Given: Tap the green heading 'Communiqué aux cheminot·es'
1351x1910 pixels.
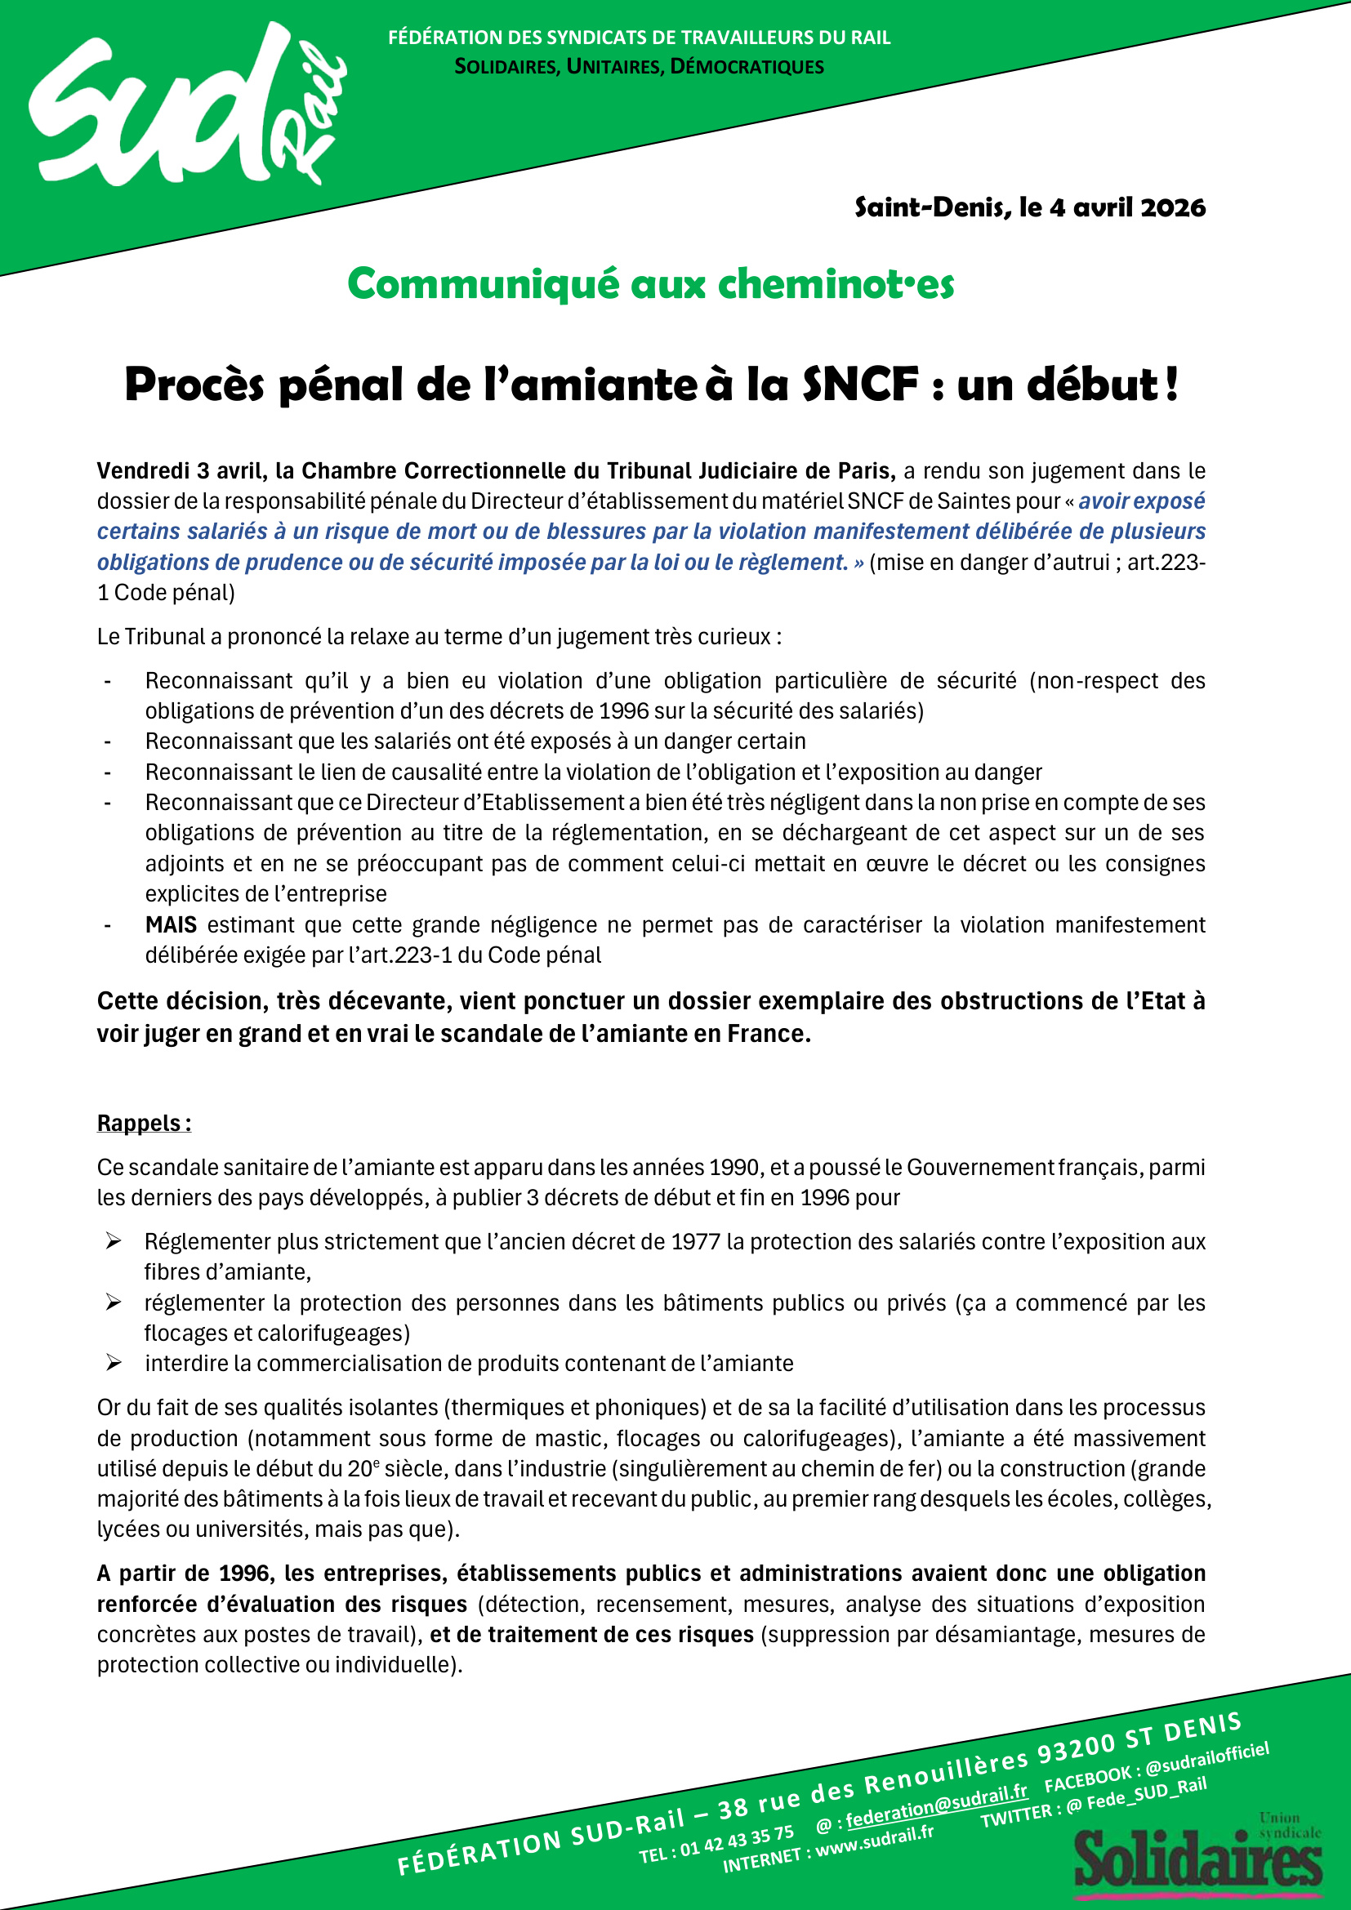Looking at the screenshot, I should (x=649, y=283).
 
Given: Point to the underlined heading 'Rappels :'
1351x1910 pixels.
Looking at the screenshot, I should (x=144, y=1123).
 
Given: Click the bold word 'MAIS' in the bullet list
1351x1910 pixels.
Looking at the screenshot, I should (x=171, y=924).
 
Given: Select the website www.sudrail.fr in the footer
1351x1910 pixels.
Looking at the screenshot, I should (x=873, y=1840).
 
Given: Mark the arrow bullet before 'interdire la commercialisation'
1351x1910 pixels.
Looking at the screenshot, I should (x=114, y=1364).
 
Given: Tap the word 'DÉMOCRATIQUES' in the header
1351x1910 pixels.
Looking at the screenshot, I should (x=747, y=66).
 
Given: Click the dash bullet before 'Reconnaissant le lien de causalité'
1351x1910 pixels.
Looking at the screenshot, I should (x=107, y=772).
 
